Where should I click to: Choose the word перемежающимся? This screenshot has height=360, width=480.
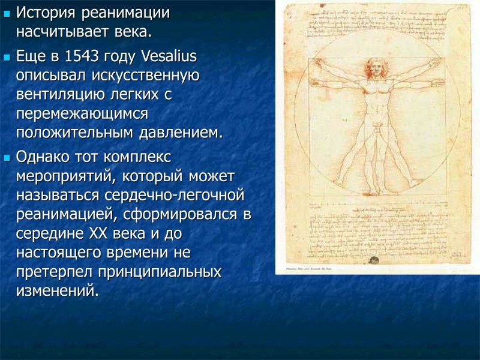(x=82, y=114)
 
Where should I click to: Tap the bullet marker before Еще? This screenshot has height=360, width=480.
(x=7, y=59)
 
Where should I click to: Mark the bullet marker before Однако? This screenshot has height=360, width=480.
(x=7, y=160)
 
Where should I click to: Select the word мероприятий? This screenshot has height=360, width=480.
(x=65, y=178)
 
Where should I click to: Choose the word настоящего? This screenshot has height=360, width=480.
(x=61, y=253)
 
